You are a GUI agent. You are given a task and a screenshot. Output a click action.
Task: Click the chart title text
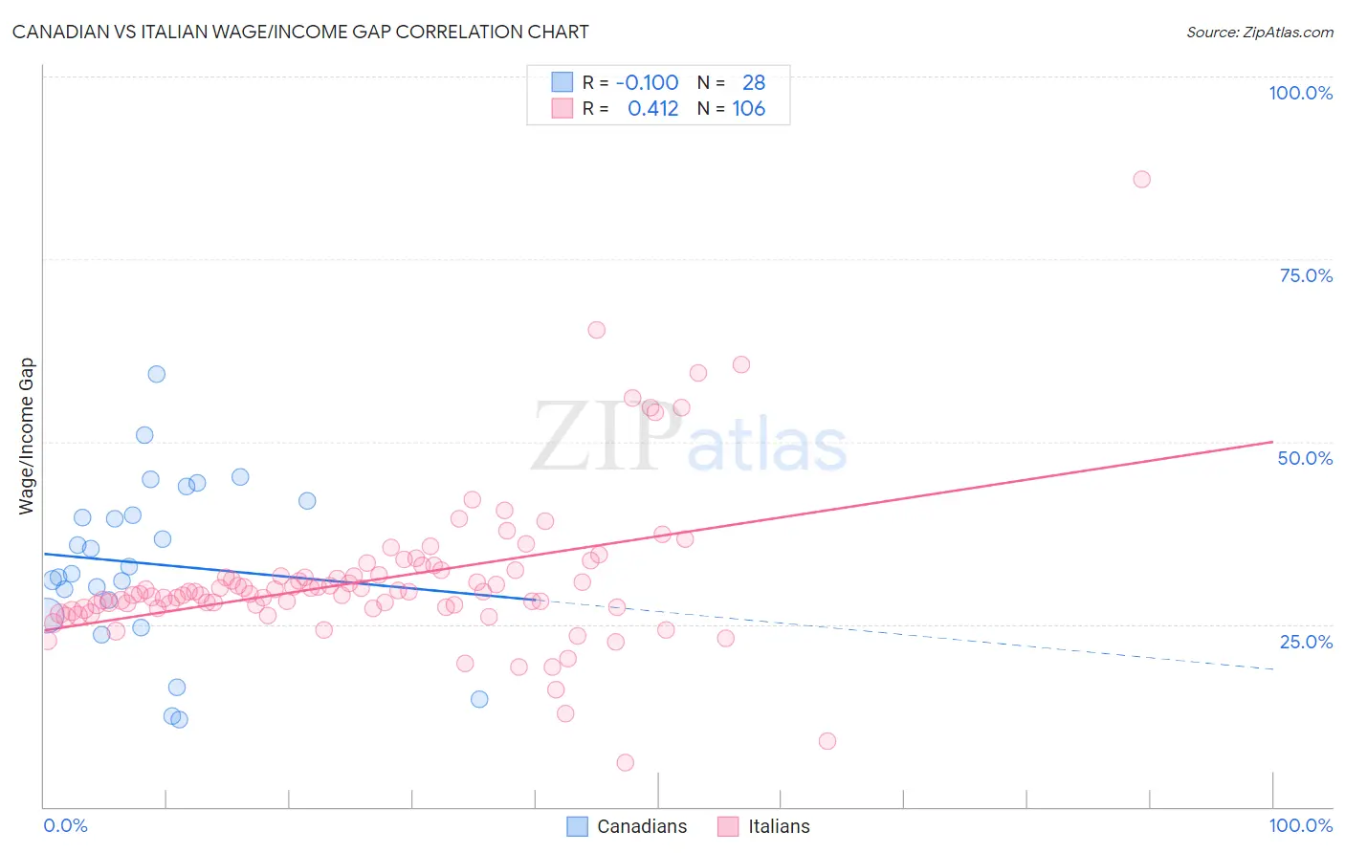300,32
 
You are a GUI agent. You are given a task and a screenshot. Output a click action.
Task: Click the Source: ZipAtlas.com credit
1259,33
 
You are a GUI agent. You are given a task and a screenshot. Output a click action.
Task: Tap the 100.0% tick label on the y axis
1300,93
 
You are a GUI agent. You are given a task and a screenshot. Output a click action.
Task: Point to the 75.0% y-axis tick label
1306,275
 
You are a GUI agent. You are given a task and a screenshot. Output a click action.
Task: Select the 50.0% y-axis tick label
1305,458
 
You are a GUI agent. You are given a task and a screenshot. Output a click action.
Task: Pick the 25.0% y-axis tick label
1306,641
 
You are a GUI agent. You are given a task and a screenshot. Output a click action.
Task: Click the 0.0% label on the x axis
65,825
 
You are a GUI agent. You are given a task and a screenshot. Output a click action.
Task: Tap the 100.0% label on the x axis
1300,825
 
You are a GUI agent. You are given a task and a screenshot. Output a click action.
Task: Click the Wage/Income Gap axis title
27,436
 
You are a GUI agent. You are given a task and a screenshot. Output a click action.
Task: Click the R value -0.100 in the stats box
647,82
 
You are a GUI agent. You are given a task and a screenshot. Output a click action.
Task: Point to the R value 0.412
652,109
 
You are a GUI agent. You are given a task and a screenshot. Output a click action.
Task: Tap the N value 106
748,109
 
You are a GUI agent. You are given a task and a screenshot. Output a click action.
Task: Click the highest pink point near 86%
1141,179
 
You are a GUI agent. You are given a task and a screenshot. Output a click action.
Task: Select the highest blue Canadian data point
156,374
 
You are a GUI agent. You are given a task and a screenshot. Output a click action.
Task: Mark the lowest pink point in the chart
625,762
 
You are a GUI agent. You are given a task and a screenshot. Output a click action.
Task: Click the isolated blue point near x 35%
479,699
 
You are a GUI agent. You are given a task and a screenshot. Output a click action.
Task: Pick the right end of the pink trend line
1272,442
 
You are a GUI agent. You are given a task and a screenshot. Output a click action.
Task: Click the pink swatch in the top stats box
562,108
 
